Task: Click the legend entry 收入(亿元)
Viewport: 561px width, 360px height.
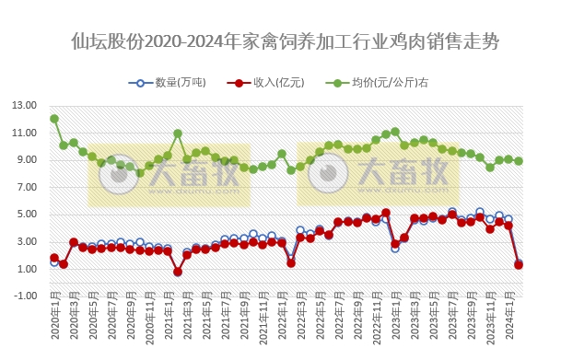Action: click(268, 83)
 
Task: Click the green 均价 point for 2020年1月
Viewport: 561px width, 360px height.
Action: click(54, 119)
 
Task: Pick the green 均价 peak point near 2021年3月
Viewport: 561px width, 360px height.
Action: click(178, 134)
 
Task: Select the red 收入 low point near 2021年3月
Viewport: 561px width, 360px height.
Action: click(178, 272)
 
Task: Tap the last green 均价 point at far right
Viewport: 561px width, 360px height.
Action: click(519, 161)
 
